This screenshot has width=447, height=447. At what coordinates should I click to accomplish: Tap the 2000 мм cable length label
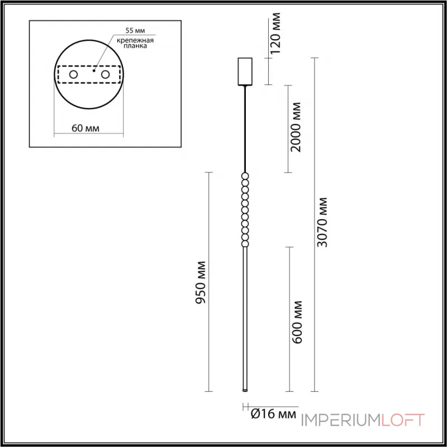coord(297,128)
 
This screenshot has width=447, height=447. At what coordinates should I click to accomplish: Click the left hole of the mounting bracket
coord(73,74)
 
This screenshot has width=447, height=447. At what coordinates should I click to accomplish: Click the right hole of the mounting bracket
coord(104,74)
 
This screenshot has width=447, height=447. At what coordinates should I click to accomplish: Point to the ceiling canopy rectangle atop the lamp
coord(245,71)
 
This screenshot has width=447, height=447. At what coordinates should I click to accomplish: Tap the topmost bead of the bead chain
coord(245,177)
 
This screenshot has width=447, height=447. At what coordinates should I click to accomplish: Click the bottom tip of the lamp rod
coord(245,389)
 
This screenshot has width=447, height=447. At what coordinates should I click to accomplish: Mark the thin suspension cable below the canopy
coord(245,129)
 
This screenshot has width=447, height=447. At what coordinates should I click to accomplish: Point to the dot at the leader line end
coord(94,71)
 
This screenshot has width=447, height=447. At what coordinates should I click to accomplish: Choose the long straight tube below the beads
coord(245,318)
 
